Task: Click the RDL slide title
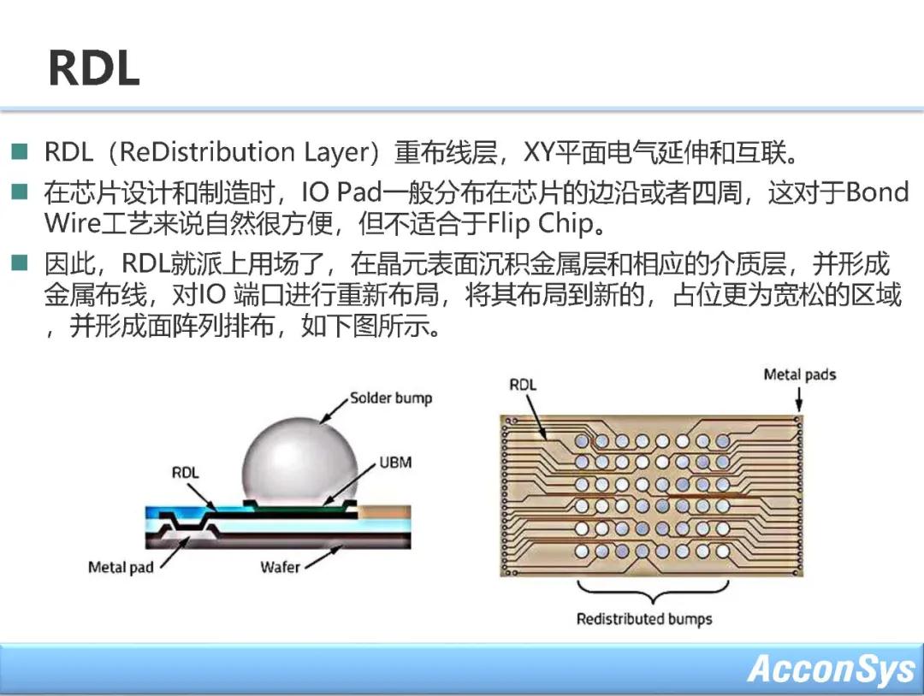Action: (94, 68)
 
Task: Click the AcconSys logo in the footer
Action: (832, 669)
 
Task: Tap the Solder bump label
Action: (391, 398)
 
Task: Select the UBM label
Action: (395, 463)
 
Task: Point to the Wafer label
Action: (280, 567)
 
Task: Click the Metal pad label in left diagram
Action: (121, 568)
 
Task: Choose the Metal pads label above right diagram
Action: (800, 375)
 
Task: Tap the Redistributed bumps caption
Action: (644, 619)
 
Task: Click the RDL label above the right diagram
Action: (523, 385)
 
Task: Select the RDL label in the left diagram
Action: (185, 472)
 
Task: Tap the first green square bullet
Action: (20, 152)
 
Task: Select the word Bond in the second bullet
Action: (878, 192)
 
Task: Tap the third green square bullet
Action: (20, 262)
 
